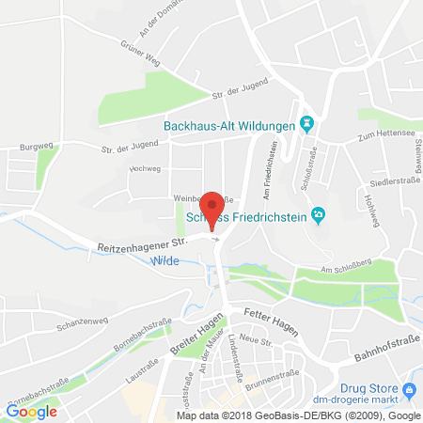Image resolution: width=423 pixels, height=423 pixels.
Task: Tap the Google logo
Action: pos(31,410)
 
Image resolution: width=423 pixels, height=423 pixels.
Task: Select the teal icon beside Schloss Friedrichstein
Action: pos(318,215)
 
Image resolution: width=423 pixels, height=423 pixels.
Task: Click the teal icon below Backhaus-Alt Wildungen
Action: pos(305,124)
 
